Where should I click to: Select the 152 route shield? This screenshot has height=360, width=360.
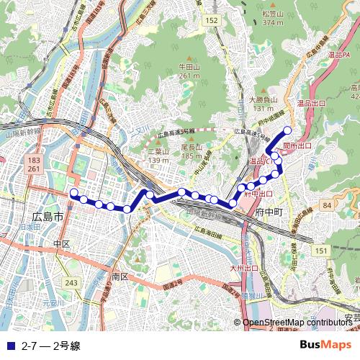tap(210, 21)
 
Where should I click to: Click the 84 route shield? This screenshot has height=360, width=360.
tap(327, 206)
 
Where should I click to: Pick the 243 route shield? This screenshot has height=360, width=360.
tap(71, 283)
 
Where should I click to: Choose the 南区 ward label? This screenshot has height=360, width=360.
tap(120, 276)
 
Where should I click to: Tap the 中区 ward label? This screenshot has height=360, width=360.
tap(60, 244)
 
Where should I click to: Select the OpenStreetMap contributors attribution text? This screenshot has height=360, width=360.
tap(297, 323)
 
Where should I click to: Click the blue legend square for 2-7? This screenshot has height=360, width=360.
tap(9, 345)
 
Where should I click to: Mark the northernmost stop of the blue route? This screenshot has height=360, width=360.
tap(287, 130)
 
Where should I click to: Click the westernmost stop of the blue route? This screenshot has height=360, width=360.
tap(73, 193)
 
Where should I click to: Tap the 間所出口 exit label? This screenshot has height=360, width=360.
tap(297, 145)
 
